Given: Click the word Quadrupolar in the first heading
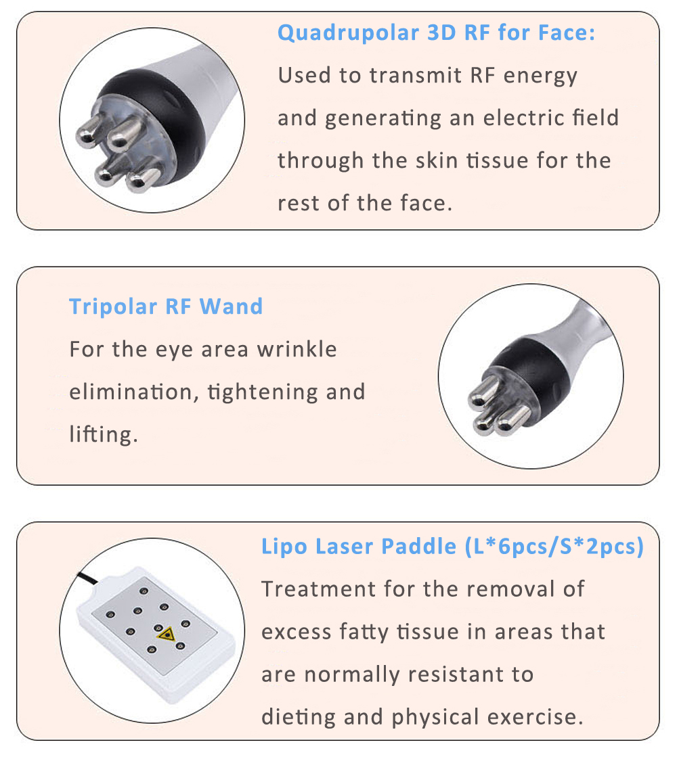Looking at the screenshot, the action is [349, 34].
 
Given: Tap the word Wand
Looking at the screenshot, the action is [231, 306].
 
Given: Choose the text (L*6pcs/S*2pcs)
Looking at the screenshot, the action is [554, 547].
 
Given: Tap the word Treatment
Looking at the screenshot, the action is [318, 589].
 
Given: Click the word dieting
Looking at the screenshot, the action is [298, 718].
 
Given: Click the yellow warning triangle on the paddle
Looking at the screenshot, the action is [167, 634].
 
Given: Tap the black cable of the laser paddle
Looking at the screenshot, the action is [87, 578].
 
